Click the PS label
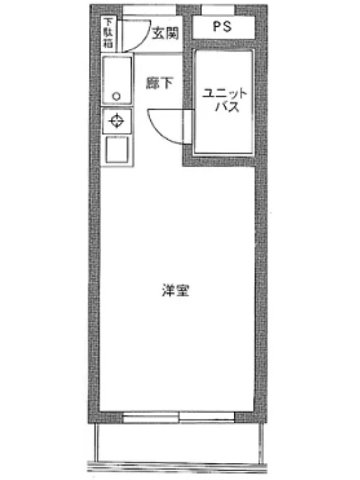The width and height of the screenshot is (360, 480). click(222, 26)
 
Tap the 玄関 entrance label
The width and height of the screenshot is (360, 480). click(166, 33)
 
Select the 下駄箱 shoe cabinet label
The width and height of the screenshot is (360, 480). click(107, 33)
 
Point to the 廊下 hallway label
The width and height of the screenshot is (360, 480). click(160, 83)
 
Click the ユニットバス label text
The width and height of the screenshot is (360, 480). click(224, 100)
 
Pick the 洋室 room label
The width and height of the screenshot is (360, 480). click(175, 290)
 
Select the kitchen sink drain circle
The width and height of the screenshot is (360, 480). click(116, 97)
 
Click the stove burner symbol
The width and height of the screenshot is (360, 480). click(116, 121)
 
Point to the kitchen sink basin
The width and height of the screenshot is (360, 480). click(117, 80)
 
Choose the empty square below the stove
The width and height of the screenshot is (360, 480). click(116, 149)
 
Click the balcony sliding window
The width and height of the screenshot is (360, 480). click(179, 417)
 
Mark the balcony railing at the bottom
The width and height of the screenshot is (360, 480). click(178, 467)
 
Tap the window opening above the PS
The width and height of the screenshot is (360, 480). click(218, 10)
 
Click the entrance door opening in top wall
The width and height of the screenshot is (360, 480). click(149, 10)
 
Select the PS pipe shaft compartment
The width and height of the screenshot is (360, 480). click(223, 27)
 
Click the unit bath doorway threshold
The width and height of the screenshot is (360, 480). click(187, 127)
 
